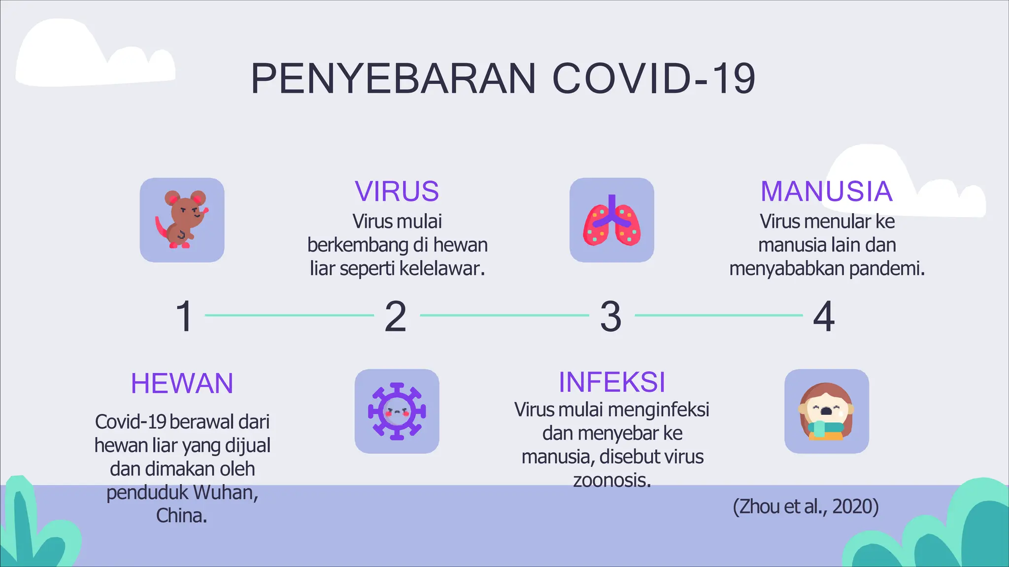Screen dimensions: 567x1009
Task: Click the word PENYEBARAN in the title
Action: [x=393, y=79]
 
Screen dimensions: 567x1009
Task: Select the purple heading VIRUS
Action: [x=397, y=191]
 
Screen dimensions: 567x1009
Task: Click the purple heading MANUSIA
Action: [x=826, y=191]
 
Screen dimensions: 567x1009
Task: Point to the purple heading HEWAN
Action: [x=182, y=383]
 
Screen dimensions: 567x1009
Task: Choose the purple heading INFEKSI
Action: [x=612, y=382]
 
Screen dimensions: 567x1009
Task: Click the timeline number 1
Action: [x=184, y=316]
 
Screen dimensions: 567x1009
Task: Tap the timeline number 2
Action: [x=395, y=316]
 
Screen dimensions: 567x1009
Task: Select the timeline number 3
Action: [x=610, y=316]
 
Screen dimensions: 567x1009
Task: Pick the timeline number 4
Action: [x=824, y=316]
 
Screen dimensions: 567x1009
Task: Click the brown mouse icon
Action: [x=182, y=220]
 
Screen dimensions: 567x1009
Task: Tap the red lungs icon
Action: [x=612, y=220]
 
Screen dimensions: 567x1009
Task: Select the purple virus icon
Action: [x=397, y=411]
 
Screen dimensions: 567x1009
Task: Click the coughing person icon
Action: [x=826, y=411]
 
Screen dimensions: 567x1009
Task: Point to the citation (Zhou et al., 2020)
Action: [x=806, y=506]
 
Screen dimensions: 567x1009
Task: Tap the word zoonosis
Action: [x=611, y=480]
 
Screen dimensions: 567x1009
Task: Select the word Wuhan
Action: [x=225, y=493]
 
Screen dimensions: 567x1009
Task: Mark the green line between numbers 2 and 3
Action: [x=504, y=315]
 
